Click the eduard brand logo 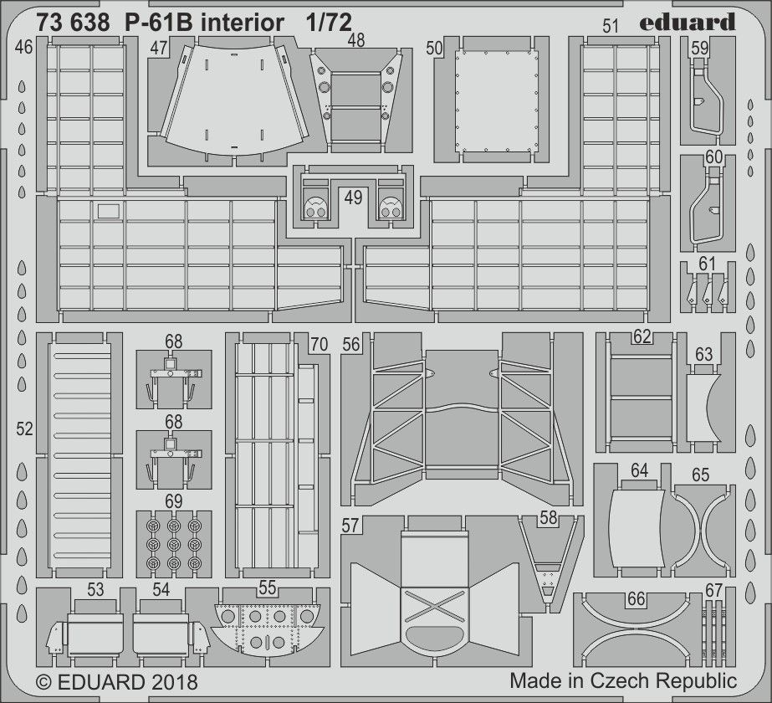(x=688, y=23)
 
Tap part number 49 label (x=353, y=198)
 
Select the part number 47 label (x=159, y=49)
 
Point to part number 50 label (x=434, y=49)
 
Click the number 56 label (x=351, y=344)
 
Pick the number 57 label (x=350, y=526)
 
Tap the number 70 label (x=319, y=344)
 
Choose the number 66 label (x=637, y=598)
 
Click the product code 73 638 (x=73, y=23)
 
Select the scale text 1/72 (x=328, y=23)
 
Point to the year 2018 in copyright (x=174, y=682)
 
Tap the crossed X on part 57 (x=433, y=607)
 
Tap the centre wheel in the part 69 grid (x=173, y=544)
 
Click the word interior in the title (x=242, y=23)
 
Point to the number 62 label (x=642, y=337)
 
